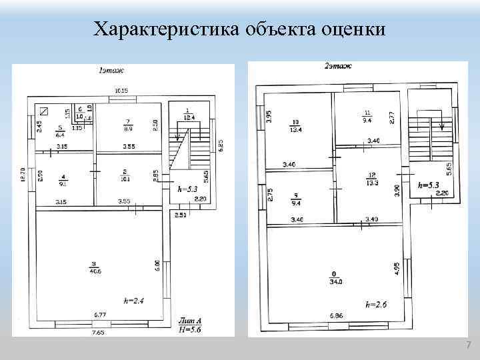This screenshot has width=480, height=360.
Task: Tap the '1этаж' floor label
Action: coord(111,69)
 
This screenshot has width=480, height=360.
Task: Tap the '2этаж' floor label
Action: coord(338,66)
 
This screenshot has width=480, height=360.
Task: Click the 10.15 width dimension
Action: coord(121,90)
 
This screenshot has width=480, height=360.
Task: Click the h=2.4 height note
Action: coord(133,301)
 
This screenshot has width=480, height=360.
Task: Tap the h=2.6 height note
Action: coord(375,304)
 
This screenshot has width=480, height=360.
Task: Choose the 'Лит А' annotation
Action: coord(190,321)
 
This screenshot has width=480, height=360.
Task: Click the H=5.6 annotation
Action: coord(190,329)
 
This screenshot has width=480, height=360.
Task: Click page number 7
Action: coord(469,345)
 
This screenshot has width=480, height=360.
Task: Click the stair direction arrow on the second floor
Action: coord(441,125)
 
